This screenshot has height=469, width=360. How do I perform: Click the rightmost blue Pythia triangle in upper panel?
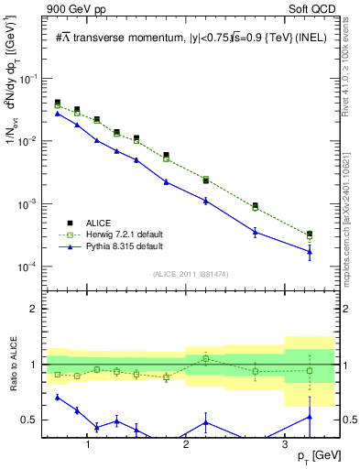click(x=310, y=251)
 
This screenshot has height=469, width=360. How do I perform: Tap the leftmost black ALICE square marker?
click(x=58, y=103)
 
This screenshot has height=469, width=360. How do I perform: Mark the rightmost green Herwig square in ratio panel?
click(x=310, y=371)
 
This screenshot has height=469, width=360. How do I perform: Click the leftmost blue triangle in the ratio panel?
click(x=58, y=397)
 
